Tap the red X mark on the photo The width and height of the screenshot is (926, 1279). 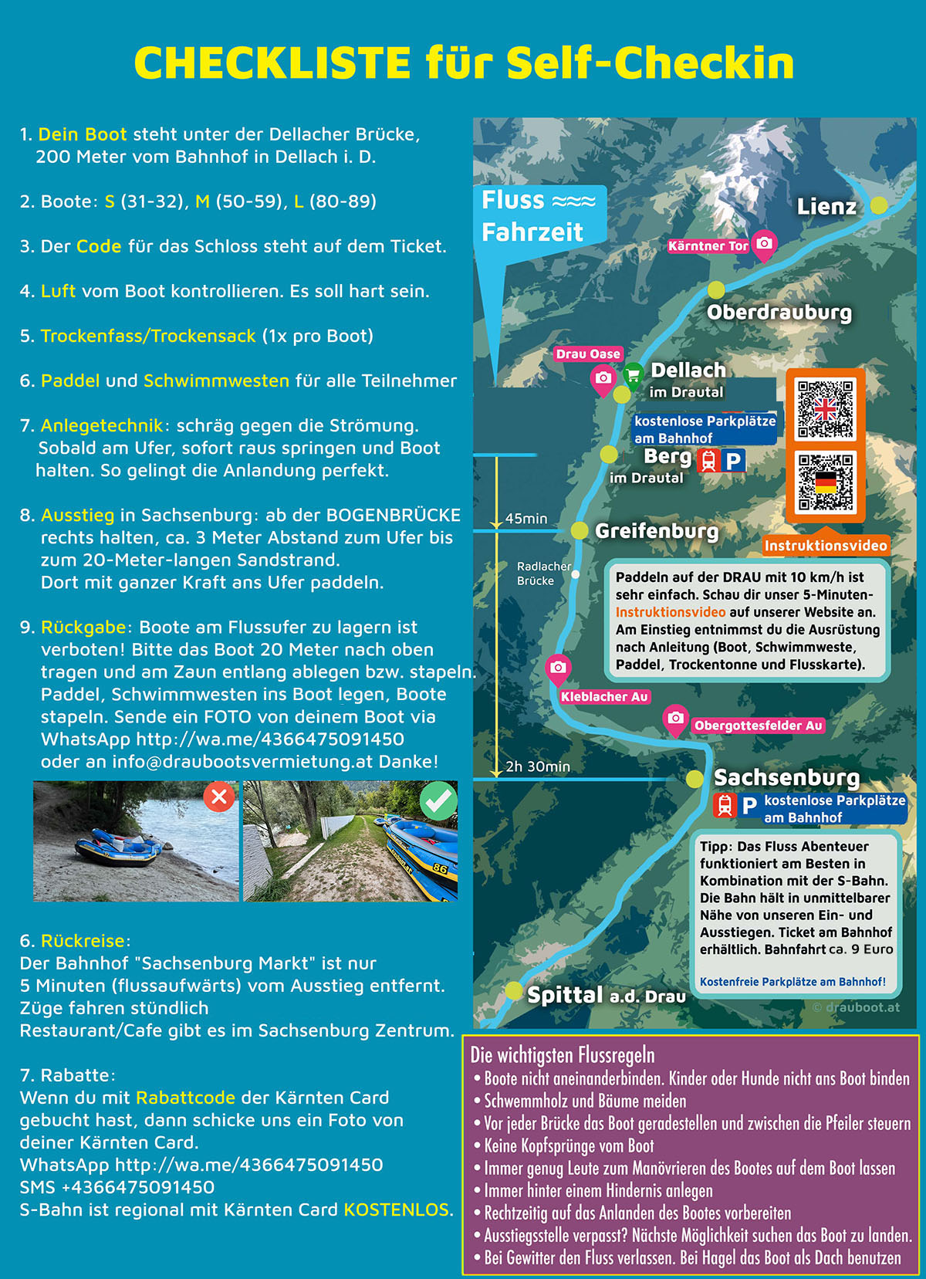[x=219, y=797]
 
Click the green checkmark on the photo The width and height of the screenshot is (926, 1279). [x=438, y=802]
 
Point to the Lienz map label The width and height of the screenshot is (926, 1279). [x=826, y=207]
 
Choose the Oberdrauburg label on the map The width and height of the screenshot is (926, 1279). [x=779, y=313]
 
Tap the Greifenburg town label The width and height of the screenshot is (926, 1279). [x=656, y=531]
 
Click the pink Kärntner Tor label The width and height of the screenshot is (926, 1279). [x=708, y=246]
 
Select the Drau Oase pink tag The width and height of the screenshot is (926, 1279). [x=588, y=354]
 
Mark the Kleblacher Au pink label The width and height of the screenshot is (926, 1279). [x=604, y=697]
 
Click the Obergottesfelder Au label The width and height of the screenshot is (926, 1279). [x=758, y=726]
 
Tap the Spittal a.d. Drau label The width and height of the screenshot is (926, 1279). [x=606, y=996]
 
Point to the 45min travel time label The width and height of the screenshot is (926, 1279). [x=526, y=519]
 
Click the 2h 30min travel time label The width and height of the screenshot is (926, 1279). [x=538, y=766]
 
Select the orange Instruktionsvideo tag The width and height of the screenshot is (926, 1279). [x=825, y=546]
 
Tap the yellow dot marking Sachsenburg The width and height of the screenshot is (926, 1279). [x=694, y=779]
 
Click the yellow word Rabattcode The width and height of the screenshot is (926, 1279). [x=185, y=1098]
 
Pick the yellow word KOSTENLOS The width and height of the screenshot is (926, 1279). [x=396, y=1210]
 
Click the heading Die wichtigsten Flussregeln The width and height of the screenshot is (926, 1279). [x=563, y=1055]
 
